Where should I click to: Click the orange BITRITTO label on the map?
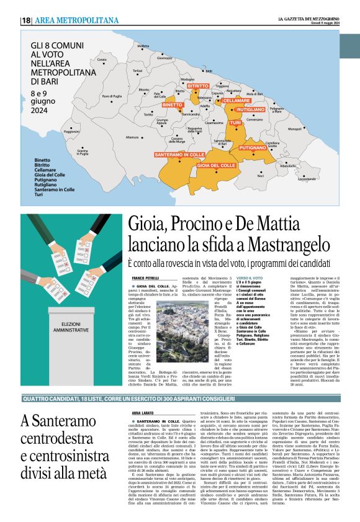pyautogui.click(x=198, y=85)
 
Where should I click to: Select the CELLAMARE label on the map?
pyautogui.click(x=236, y=100)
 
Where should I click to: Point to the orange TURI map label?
pyautogui.click(x=236, y=124)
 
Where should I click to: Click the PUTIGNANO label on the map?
pyautogui.click(x=252, y=148)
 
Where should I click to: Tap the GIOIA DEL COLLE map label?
pyautogui.click(x=216, y=166)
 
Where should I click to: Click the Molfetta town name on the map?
pyautogui.click(x=143, y=46)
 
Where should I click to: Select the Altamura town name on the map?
pyautogui.click(x=132, y=137)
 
